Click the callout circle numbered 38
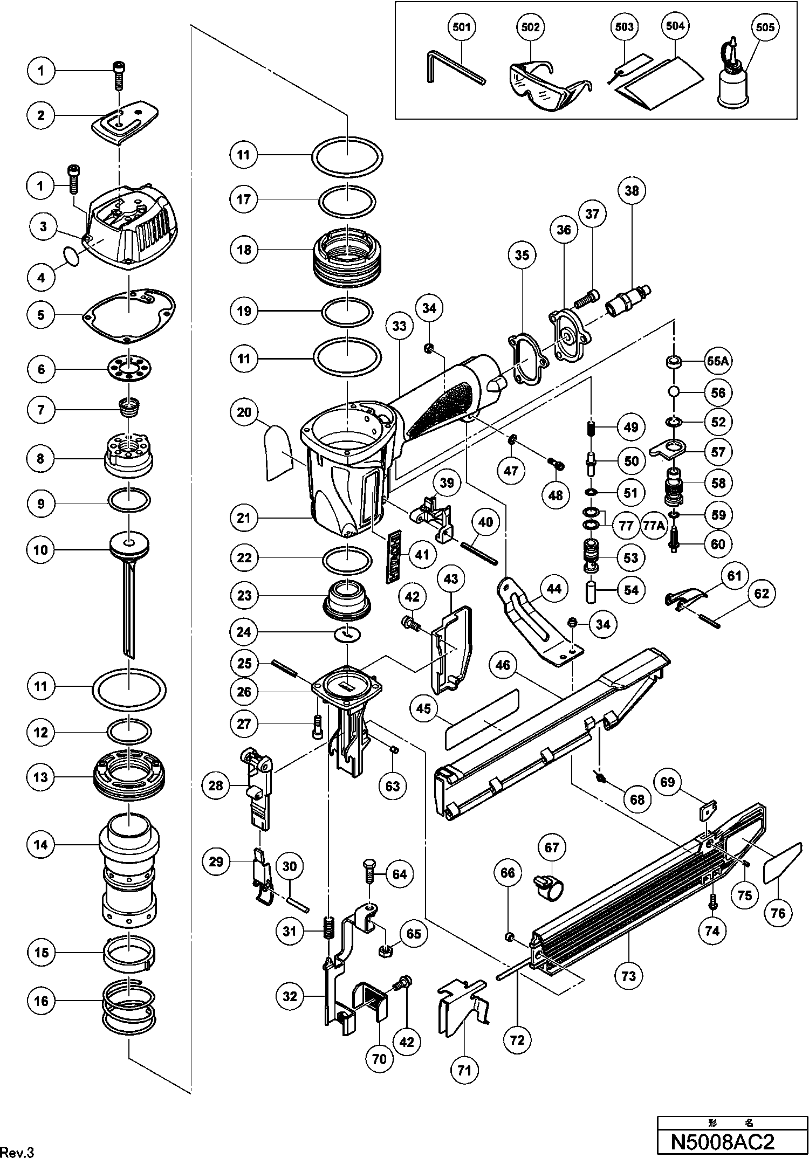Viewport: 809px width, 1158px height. coord(632,190)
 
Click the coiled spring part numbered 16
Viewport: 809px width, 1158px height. coord(129,1001)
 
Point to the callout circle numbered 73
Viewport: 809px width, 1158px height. coord(629,975)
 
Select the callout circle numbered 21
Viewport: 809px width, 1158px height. coord(244,519)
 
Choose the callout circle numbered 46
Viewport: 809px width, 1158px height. coord(503,666)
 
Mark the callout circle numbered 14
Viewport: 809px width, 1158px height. coord(41,844)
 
